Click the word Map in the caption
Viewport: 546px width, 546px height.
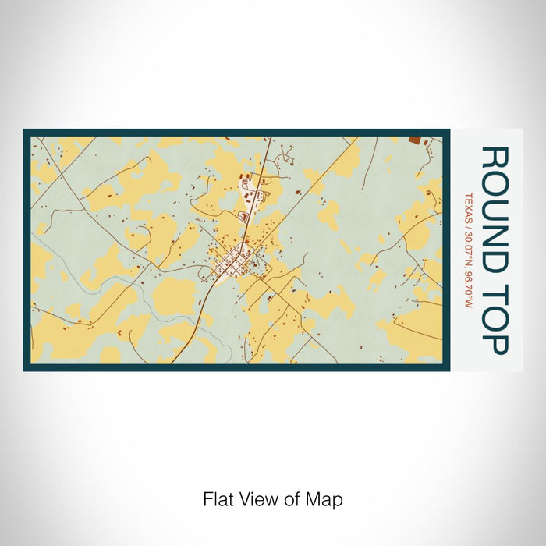[x=328, y=498]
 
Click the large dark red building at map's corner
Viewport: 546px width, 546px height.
[x=414, y=140]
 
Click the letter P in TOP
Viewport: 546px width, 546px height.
[x=495, y=344]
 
